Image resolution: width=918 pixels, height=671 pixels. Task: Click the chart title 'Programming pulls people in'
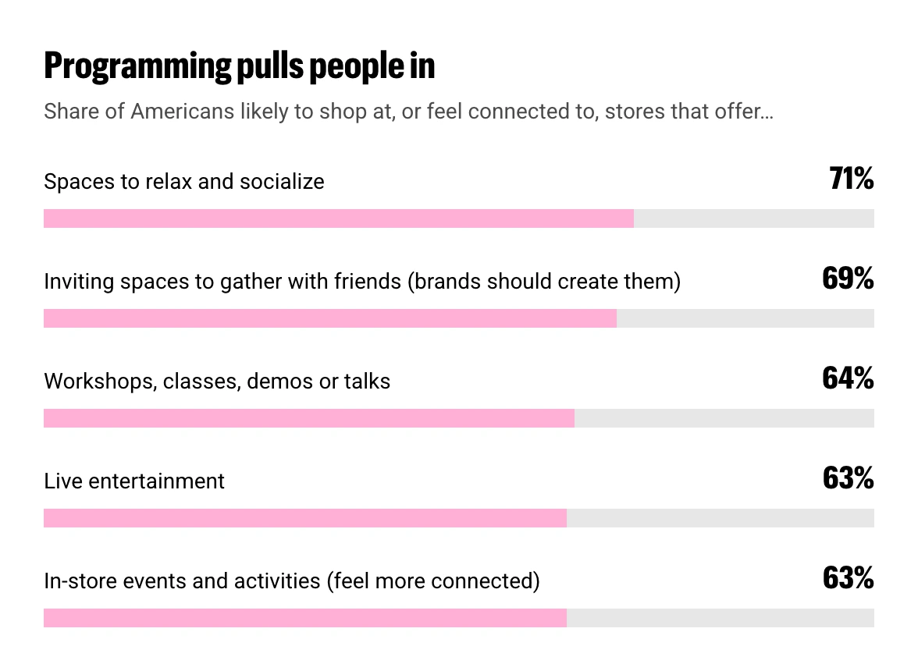240,66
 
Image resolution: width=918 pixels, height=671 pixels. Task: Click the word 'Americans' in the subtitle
182,111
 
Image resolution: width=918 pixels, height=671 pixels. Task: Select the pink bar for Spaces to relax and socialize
339,218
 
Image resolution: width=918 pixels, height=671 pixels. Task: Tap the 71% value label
851,179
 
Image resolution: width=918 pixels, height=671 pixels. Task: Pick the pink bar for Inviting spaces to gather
330,318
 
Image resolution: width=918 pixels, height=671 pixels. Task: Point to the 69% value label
849,279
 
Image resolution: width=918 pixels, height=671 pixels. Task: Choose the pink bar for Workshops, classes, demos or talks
309,418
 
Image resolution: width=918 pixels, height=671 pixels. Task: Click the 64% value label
849,378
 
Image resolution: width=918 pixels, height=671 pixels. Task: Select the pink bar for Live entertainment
305,518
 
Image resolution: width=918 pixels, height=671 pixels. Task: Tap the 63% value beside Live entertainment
849,478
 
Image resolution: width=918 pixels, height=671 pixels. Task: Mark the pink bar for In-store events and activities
305,619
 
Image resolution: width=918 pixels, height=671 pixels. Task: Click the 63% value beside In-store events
849,579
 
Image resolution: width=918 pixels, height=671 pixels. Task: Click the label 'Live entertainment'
134,481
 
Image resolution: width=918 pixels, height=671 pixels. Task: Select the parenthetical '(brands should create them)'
544,282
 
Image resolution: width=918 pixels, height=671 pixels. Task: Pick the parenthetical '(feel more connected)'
433,581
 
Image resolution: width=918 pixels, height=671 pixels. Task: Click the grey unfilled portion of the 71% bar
754,218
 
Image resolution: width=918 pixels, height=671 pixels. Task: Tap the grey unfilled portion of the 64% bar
724,418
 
